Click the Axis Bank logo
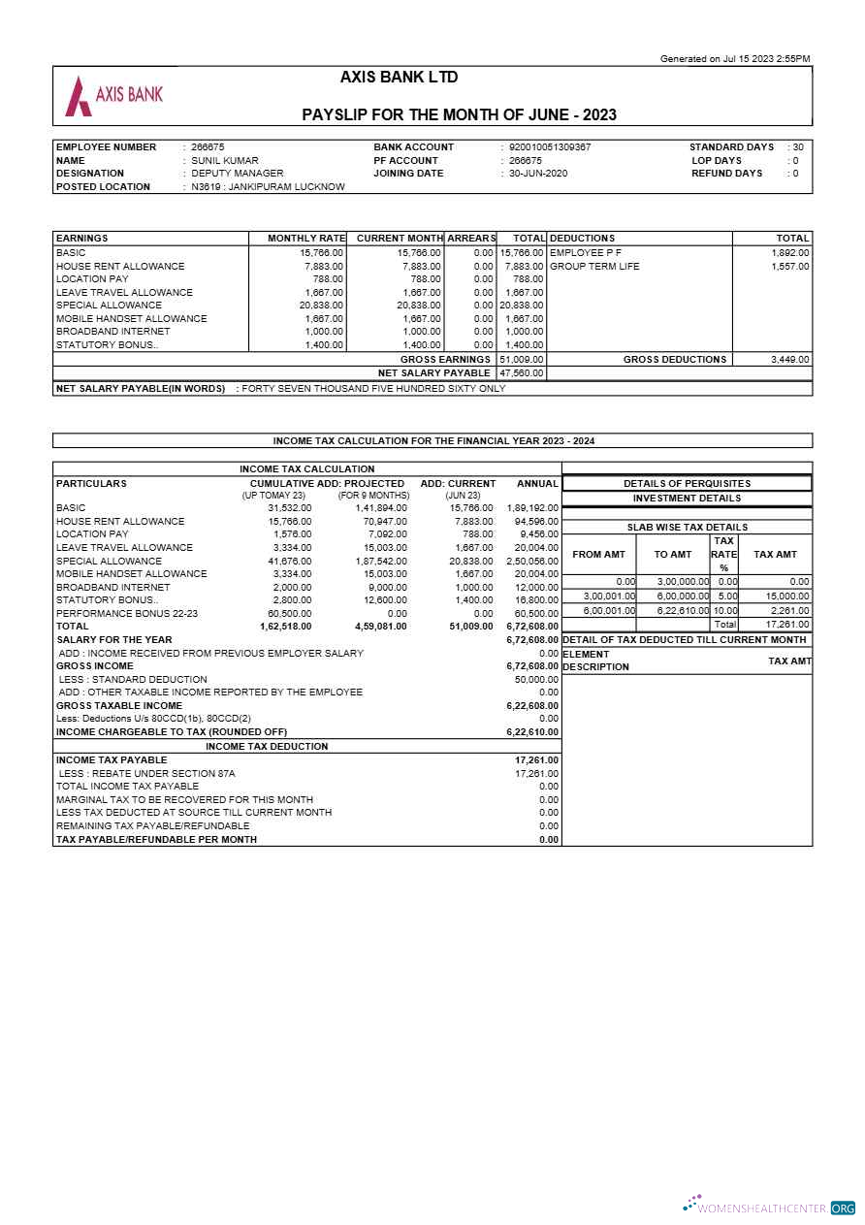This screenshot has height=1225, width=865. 112,95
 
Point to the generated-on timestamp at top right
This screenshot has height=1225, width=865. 734,59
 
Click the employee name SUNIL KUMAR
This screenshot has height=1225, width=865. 224,161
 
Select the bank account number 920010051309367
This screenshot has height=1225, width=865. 550,147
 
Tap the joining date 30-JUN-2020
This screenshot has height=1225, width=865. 538,174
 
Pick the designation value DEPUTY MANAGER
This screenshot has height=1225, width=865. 237,174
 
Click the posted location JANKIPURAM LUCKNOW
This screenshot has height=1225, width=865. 268,187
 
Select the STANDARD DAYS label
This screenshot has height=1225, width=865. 731,147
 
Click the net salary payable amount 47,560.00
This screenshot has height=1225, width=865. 521,373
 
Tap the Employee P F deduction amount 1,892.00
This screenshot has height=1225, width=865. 789,253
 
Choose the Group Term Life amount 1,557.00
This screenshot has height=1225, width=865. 789,267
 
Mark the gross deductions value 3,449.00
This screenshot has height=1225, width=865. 789,360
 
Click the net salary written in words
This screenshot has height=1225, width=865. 372,389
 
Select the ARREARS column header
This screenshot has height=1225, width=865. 471,239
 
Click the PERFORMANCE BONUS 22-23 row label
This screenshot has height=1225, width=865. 126,614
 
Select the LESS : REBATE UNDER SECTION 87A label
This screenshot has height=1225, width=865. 146,774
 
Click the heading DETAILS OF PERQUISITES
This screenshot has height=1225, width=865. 687,484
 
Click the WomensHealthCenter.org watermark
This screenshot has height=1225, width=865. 770,1208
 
